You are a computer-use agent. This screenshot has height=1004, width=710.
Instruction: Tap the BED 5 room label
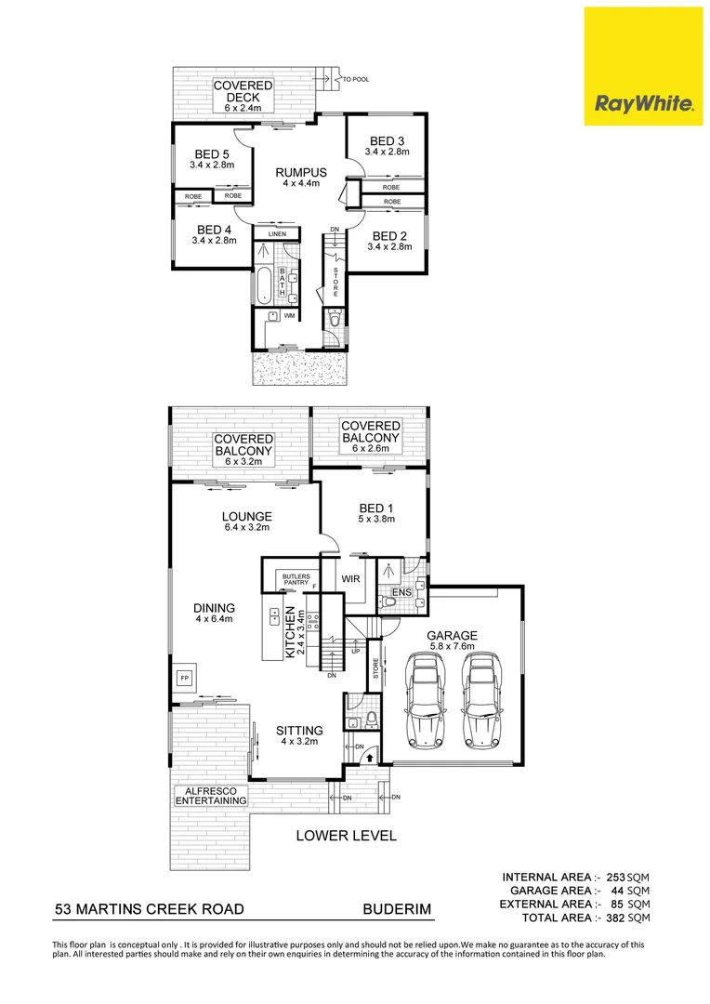(x=213, y=154)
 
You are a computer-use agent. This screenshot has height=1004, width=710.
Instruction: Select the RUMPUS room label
(x=301, y=172)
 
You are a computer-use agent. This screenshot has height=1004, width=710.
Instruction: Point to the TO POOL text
(x=356, y=80)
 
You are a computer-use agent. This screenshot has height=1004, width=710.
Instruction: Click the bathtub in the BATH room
(x=265, y=285)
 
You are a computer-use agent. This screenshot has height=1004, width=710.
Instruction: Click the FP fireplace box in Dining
(x=184, y=678)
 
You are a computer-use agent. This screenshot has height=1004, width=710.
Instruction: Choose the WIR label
(x=350, y=579)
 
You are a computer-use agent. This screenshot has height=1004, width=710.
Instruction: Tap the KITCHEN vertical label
(x=290, y=633)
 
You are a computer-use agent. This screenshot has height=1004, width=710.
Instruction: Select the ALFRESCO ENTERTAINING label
(x=212, y=796)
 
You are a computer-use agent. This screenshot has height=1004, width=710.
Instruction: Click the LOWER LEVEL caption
(x=346, y=836)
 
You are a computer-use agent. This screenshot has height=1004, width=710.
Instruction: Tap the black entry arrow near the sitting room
(x=371, y=758)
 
